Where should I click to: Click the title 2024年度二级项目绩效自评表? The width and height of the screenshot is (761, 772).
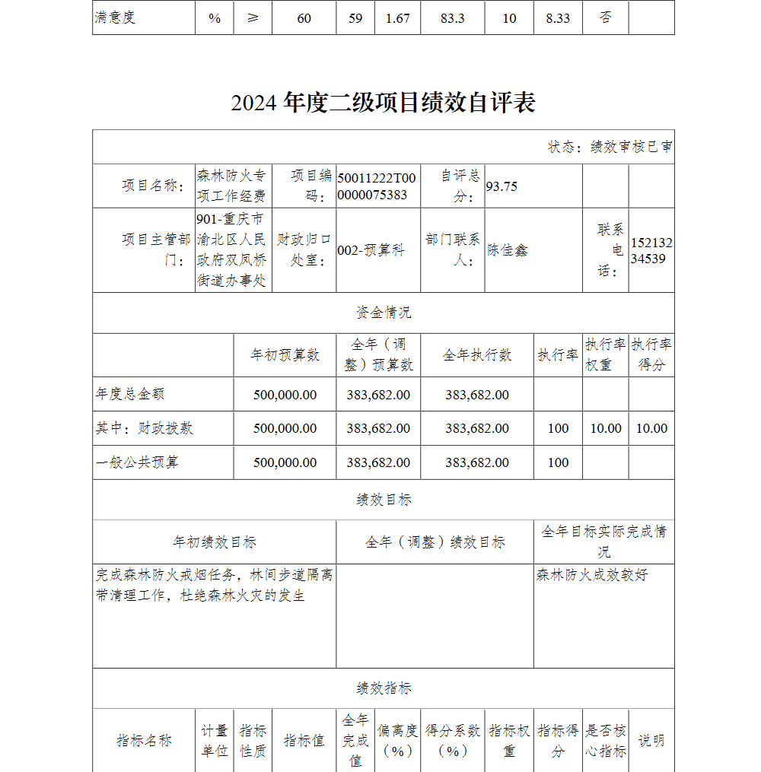[383, 103]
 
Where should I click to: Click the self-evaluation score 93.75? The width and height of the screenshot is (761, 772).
[501, 186]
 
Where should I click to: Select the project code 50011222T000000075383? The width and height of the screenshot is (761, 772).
[377, 186]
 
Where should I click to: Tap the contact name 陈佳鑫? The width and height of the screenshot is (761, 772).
[508, 250]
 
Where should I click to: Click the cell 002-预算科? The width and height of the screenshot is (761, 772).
[371, 250]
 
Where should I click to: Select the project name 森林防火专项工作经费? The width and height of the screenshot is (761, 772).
[231, 186]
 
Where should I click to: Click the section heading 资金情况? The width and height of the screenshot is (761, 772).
[384, 313]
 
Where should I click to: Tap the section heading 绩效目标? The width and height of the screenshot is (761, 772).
[384, 500]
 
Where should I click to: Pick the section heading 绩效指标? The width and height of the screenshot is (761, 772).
[384, 688]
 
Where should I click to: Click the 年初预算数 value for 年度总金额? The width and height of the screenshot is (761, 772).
[285, 395]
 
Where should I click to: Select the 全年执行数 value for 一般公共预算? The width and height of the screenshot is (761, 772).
[477, 462]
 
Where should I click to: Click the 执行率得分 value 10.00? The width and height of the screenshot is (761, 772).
[651, 428]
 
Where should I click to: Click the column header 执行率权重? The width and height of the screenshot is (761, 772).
[606, 354]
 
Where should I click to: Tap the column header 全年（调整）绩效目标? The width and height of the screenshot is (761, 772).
[435, 542]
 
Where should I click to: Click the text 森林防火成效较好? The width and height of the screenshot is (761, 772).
[592, 575]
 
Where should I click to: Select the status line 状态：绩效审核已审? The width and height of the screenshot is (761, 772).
[610, 147]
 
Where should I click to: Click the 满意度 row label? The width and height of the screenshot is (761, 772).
[115, 17]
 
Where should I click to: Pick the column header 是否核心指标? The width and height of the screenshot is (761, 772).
[606, 741]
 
